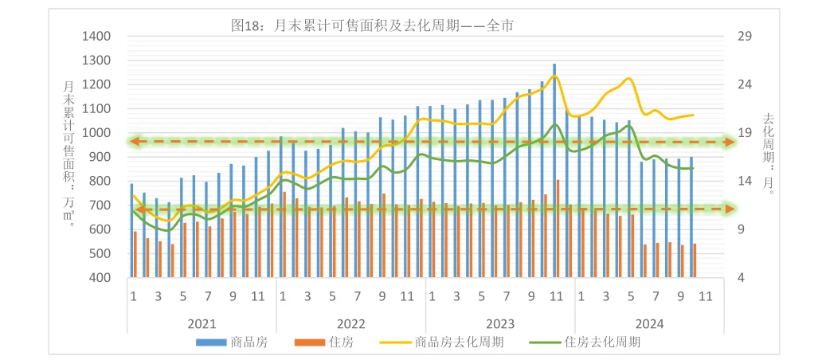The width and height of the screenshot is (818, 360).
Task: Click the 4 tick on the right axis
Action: tap(742, 278)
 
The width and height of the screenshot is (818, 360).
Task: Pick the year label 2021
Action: tap(202, 323)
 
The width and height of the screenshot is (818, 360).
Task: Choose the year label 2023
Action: tap(499, 323)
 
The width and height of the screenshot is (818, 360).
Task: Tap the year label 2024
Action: tap(649, 323)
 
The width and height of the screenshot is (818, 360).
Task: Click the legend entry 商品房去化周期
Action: tap(460, 342)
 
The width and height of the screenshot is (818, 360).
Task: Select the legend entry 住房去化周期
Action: tap(602, 342)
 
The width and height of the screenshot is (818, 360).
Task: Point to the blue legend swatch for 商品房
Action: tap(212, 342)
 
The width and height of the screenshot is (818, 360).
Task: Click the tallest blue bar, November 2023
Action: tap(554, 170)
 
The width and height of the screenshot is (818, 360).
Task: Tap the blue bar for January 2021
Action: tap(132, 231)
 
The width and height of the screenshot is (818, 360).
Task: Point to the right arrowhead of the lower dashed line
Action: tap(726, 209)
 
